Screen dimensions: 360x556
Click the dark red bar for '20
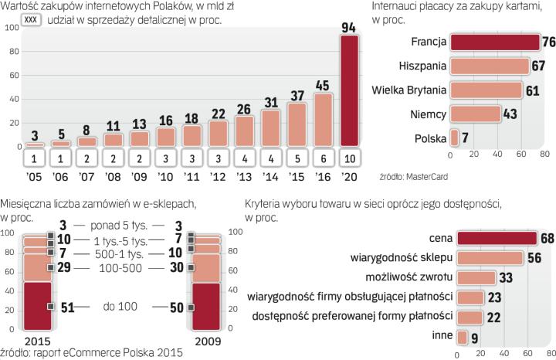click(x=350, y=91)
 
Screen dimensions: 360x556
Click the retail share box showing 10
click(x=350, y=158)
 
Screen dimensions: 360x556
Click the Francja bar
click(x=495, y=41)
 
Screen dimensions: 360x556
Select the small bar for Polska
click(x=455, y=138)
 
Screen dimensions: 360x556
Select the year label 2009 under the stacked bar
click(x=205, y=340)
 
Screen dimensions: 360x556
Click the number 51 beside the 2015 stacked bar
click(x=68, y=307)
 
